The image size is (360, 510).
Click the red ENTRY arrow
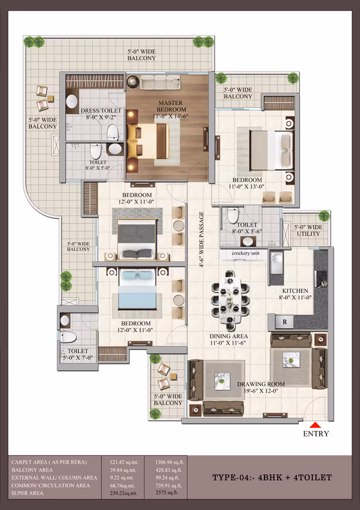(315, 425)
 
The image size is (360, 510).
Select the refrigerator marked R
(284, 322)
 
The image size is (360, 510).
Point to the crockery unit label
(246, 253)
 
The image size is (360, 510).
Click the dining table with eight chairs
(230, 296)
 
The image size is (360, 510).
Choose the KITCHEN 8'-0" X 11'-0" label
(295, 294)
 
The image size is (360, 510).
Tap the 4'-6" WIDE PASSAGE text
(202, 239)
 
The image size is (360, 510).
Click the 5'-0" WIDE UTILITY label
(308, 230)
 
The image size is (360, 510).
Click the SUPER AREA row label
(27, 493)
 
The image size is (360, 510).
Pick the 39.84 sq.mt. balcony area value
(123, 470)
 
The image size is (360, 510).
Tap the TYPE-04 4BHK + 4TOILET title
(272, 478)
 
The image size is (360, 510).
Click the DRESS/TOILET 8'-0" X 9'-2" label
(101, 114)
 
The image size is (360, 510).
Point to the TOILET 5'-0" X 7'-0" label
(78, 355)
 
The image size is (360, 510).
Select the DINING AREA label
(228, 339)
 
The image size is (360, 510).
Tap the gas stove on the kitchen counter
(322, 279)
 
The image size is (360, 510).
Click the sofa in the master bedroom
(160, 82)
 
